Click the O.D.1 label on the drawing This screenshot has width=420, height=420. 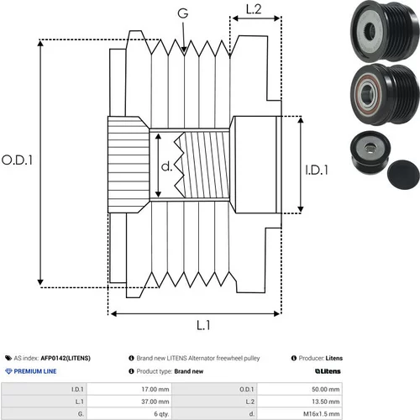pyautogui.click(x=17, y=160)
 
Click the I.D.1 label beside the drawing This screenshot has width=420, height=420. pyautogui.click(x=317, y=170)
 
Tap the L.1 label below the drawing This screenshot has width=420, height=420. pyautogui.click(x=203, y=325)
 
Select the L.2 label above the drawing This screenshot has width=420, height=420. pyautogui.click(x=254, y=9)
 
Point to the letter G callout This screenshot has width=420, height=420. pyautogui.click(x=183, y=13)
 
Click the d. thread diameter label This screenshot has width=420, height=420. pyautogui.click(x=167, y=166)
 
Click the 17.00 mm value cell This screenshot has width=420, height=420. pyautogui.click(x=129, y=389)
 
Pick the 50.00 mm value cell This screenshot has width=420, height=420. pyautogui.click(x=300, y=389)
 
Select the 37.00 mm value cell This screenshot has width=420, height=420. pyautogui.click(x=129, y=402)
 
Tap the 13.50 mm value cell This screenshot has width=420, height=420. pyautogui.click(x=300, y=402)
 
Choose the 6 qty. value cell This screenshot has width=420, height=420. pyautogui.click(x=129, y=413)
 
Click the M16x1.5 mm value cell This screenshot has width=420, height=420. pyautogui.click(x=300, y=413)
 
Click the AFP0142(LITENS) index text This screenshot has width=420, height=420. pyautogui.click(x=66, y=358)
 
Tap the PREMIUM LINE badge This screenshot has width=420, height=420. pyautogui.click(x=31, y=371)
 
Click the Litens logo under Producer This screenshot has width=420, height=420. pyautogui.click(x=328, y=371)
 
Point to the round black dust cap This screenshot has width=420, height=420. pyautogui.click(x=403, y=175)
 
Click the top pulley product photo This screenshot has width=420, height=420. pyautogui.click(x=385, y=31)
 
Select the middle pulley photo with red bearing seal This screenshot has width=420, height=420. pyautogui.click(x=385, y=95)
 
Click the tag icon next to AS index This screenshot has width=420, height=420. pyautogui.click(x=8, y=358)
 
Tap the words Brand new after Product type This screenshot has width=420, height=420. pyautogui.click(x=189, y=371)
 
